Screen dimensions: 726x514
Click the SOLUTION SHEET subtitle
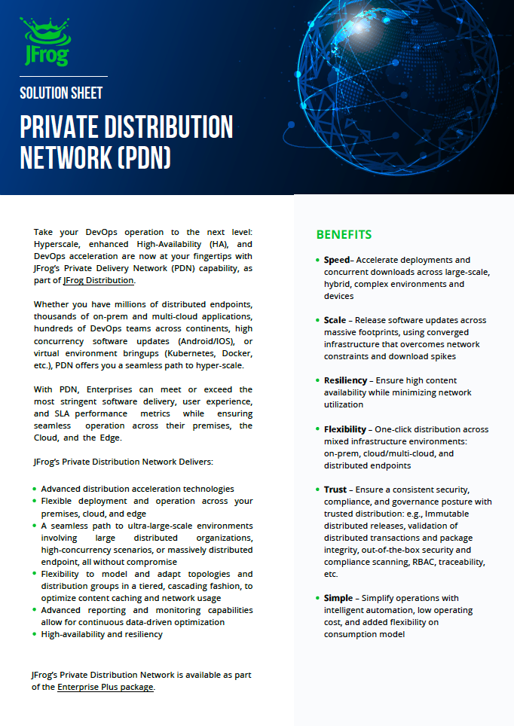pos(61,93)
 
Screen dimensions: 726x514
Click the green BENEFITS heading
pos(344,234)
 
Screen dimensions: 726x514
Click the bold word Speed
pos(337,260)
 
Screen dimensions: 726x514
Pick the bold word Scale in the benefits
pos(335,320)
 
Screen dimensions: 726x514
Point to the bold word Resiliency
pos(345,380)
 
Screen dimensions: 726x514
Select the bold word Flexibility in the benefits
pos(344,429)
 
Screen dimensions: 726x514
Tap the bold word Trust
pos(335,490)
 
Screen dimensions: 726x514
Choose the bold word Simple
pos(338,598)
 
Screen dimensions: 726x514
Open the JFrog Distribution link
pos(99,280)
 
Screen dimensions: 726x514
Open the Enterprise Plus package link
pos(106,687)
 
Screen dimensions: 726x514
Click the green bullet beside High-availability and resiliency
pos(35,634)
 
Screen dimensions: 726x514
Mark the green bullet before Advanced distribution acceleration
pos(35,489)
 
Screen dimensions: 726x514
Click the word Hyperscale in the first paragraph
pos(60,244)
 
